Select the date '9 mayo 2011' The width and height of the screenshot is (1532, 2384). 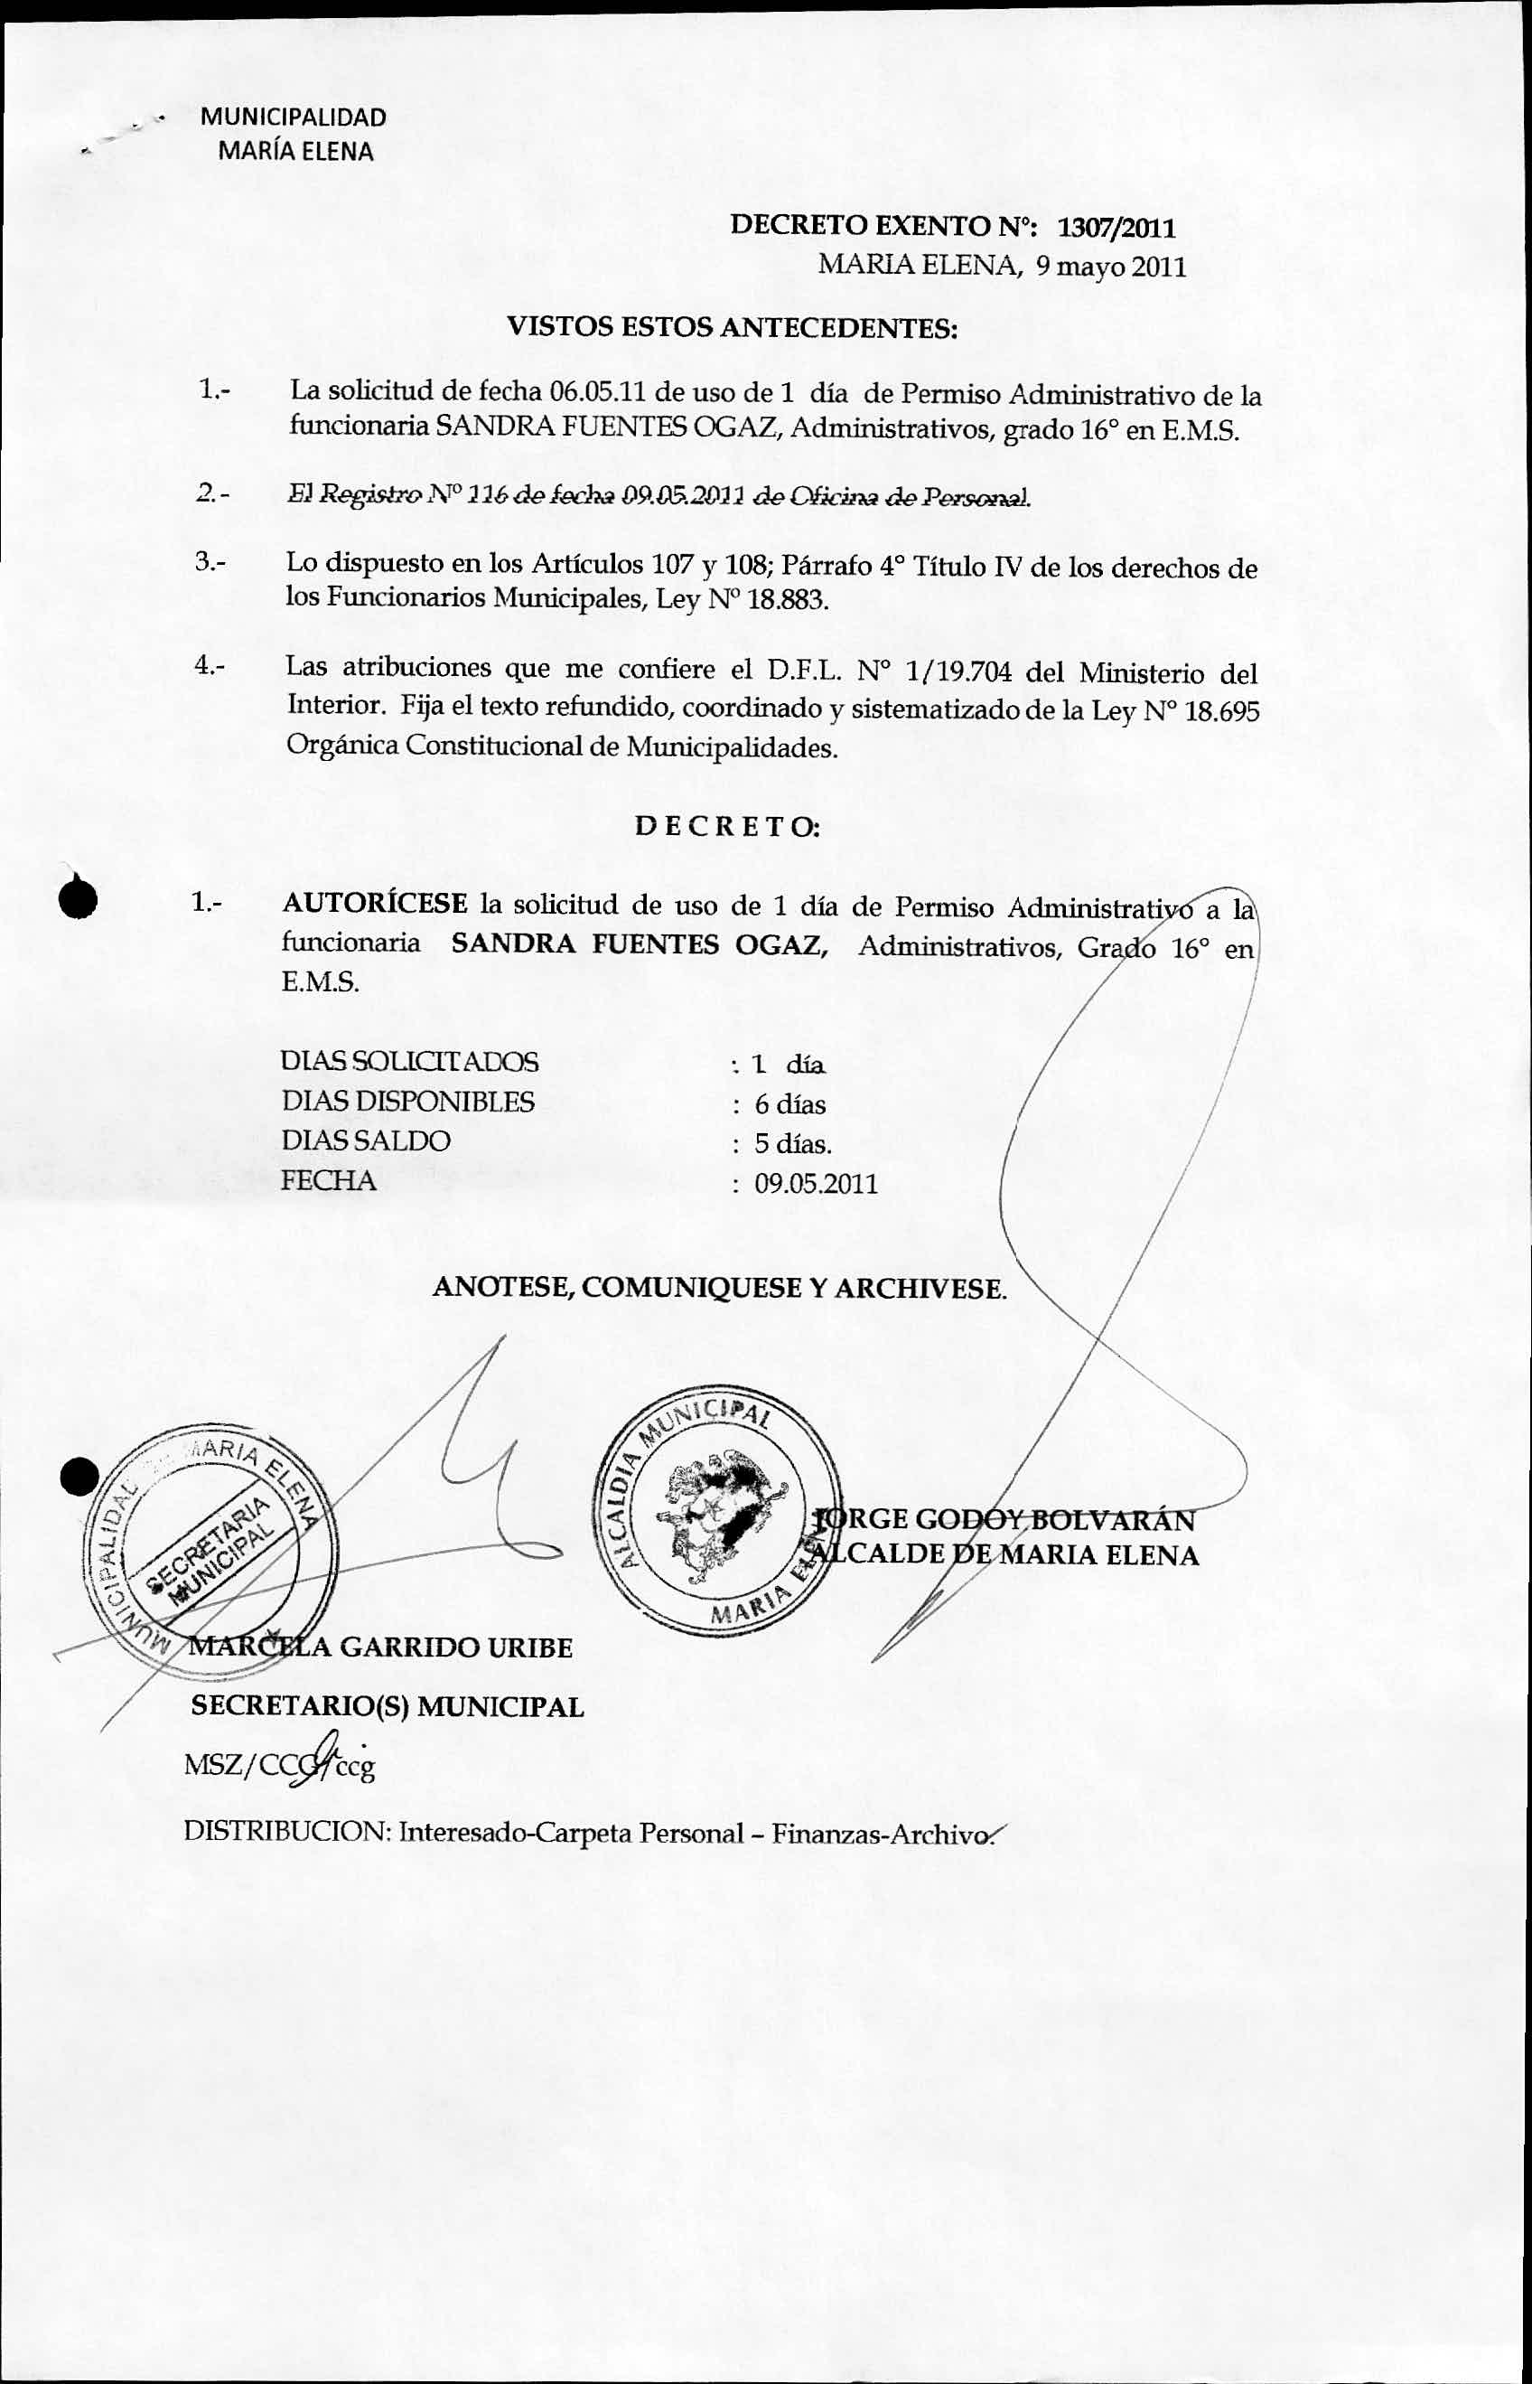(x=1109, y=267)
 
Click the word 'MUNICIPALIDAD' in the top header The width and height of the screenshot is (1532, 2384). (x=294, y=117)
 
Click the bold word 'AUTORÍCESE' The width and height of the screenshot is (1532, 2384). (x=375, y=904)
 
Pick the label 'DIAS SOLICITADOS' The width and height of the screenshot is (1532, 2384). (x=410, y=1062)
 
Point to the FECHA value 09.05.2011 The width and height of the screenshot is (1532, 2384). (x=816, y=1184)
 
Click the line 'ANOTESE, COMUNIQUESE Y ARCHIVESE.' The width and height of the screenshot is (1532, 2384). (x=719, y=1289)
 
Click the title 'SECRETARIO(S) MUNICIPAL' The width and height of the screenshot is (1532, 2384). (x=387, y=1707)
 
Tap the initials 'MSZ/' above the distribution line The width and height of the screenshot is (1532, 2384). (x=219, y=1767)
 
